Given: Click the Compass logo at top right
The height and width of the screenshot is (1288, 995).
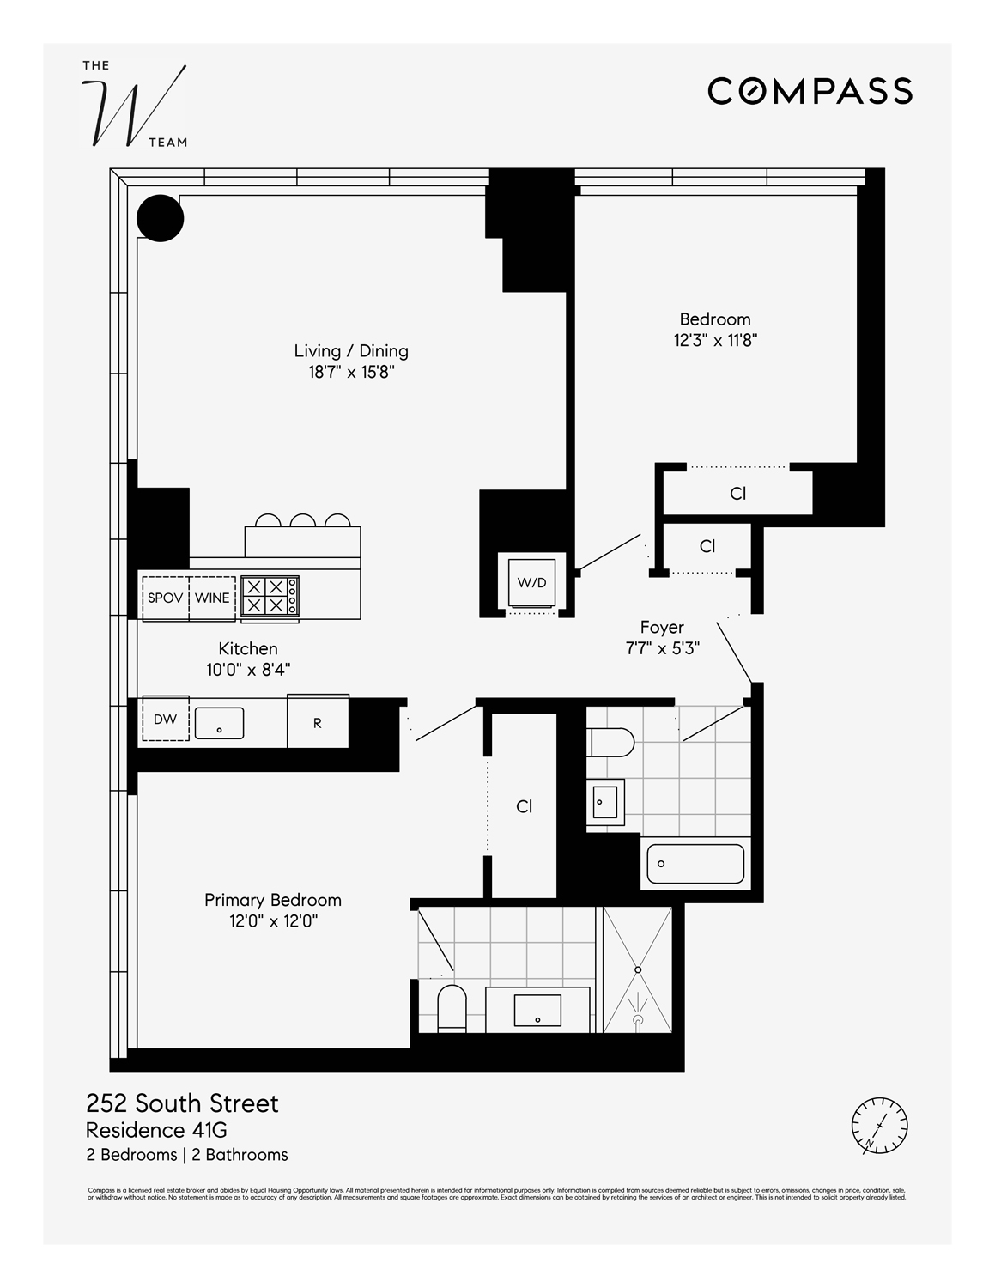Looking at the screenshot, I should tap(810, 91).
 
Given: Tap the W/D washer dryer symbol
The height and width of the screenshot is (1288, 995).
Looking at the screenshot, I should tap(531, 583).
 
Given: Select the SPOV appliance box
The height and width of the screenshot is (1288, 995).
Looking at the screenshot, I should tap(165, 598).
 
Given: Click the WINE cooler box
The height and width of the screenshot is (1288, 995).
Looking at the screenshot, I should tap(212, 598).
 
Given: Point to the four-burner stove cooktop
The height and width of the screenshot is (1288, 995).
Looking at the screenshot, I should tap(270, 595).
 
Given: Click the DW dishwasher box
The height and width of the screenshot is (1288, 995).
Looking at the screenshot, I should tap(165, 720).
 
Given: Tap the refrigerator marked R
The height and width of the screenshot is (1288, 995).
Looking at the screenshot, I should tap(318, 722).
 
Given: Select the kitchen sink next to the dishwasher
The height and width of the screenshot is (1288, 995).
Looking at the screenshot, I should tap(219, 723).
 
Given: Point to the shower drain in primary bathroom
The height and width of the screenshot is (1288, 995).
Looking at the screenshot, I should tap(638, 969).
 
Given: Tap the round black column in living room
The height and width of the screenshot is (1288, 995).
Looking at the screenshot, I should tap(161, 218).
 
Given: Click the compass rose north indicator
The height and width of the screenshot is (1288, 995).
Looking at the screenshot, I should tap(879, 1125).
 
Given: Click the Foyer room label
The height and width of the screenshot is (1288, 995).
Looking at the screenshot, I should tap(662, 628).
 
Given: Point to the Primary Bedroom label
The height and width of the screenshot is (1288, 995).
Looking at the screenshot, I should tap(273, 900).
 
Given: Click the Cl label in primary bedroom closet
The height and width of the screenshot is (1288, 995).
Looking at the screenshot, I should tap(525, 806).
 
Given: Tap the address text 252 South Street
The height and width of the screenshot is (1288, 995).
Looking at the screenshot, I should tap(182, 1103).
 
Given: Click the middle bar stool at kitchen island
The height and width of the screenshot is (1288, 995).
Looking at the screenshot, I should tap(302, 520).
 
